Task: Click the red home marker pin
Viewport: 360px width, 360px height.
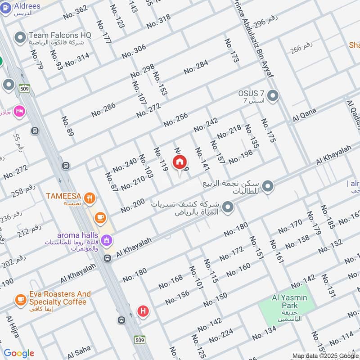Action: point(180,162)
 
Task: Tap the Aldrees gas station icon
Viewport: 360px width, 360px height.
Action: point(6,9)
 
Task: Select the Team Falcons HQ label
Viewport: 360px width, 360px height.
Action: point(60,35)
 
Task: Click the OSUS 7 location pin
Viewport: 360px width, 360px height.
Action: point(273,95)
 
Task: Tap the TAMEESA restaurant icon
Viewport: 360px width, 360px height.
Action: point(90,196)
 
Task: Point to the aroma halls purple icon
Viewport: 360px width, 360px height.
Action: point(107,240)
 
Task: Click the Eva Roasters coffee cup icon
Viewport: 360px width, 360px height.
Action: point(20,299)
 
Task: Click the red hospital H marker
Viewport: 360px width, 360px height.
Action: point(143,310)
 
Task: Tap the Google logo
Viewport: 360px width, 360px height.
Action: point(18,354)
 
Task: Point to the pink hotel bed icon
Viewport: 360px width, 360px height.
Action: point(19,111)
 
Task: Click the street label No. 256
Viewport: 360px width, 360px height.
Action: point(175,119)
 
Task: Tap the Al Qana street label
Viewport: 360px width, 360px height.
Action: point(305,115)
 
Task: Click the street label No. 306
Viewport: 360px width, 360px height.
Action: point(134,51)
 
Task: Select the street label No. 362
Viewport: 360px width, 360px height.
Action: point(75,13)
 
